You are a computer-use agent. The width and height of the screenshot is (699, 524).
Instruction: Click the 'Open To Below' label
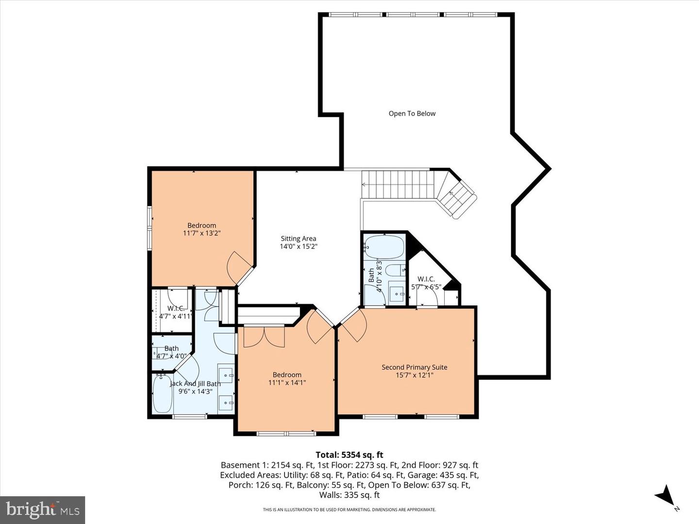412,114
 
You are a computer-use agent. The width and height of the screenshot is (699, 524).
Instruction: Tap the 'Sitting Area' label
298,238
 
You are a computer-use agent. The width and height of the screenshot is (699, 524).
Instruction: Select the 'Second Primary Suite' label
414,367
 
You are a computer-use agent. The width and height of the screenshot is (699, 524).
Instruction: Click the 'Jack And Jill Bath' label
195,384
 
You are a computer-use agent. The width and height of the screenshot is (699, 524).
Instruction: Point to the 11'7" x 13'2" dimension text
202,233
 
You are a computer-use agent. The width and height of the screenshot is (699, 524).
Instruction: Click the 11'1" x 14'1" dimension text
287,383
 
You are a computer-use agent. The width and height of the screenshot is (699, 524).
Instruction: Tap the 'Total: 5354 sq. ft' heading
349,455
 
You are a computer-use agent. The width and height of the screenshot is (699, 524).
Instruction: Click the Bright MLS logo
43,509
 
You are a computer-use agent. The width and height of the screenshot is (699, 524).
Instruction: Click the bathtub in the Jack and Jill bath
163,393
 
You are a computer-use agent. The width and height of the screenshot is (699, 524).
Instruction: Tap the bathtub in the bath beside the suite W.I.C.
384,247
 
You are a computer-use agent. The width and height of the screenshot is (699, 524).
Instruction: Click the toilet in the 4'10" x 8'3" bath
396,270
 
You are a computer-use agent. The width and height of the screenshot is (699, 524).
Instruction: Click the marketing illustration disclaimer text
349,509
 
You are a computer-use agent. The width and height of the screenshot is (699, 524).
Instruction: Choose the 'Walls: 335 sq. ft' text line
349,495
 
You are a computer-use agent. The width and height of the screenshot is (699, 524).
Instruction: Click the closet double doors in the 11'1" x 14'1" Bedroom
264,337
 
